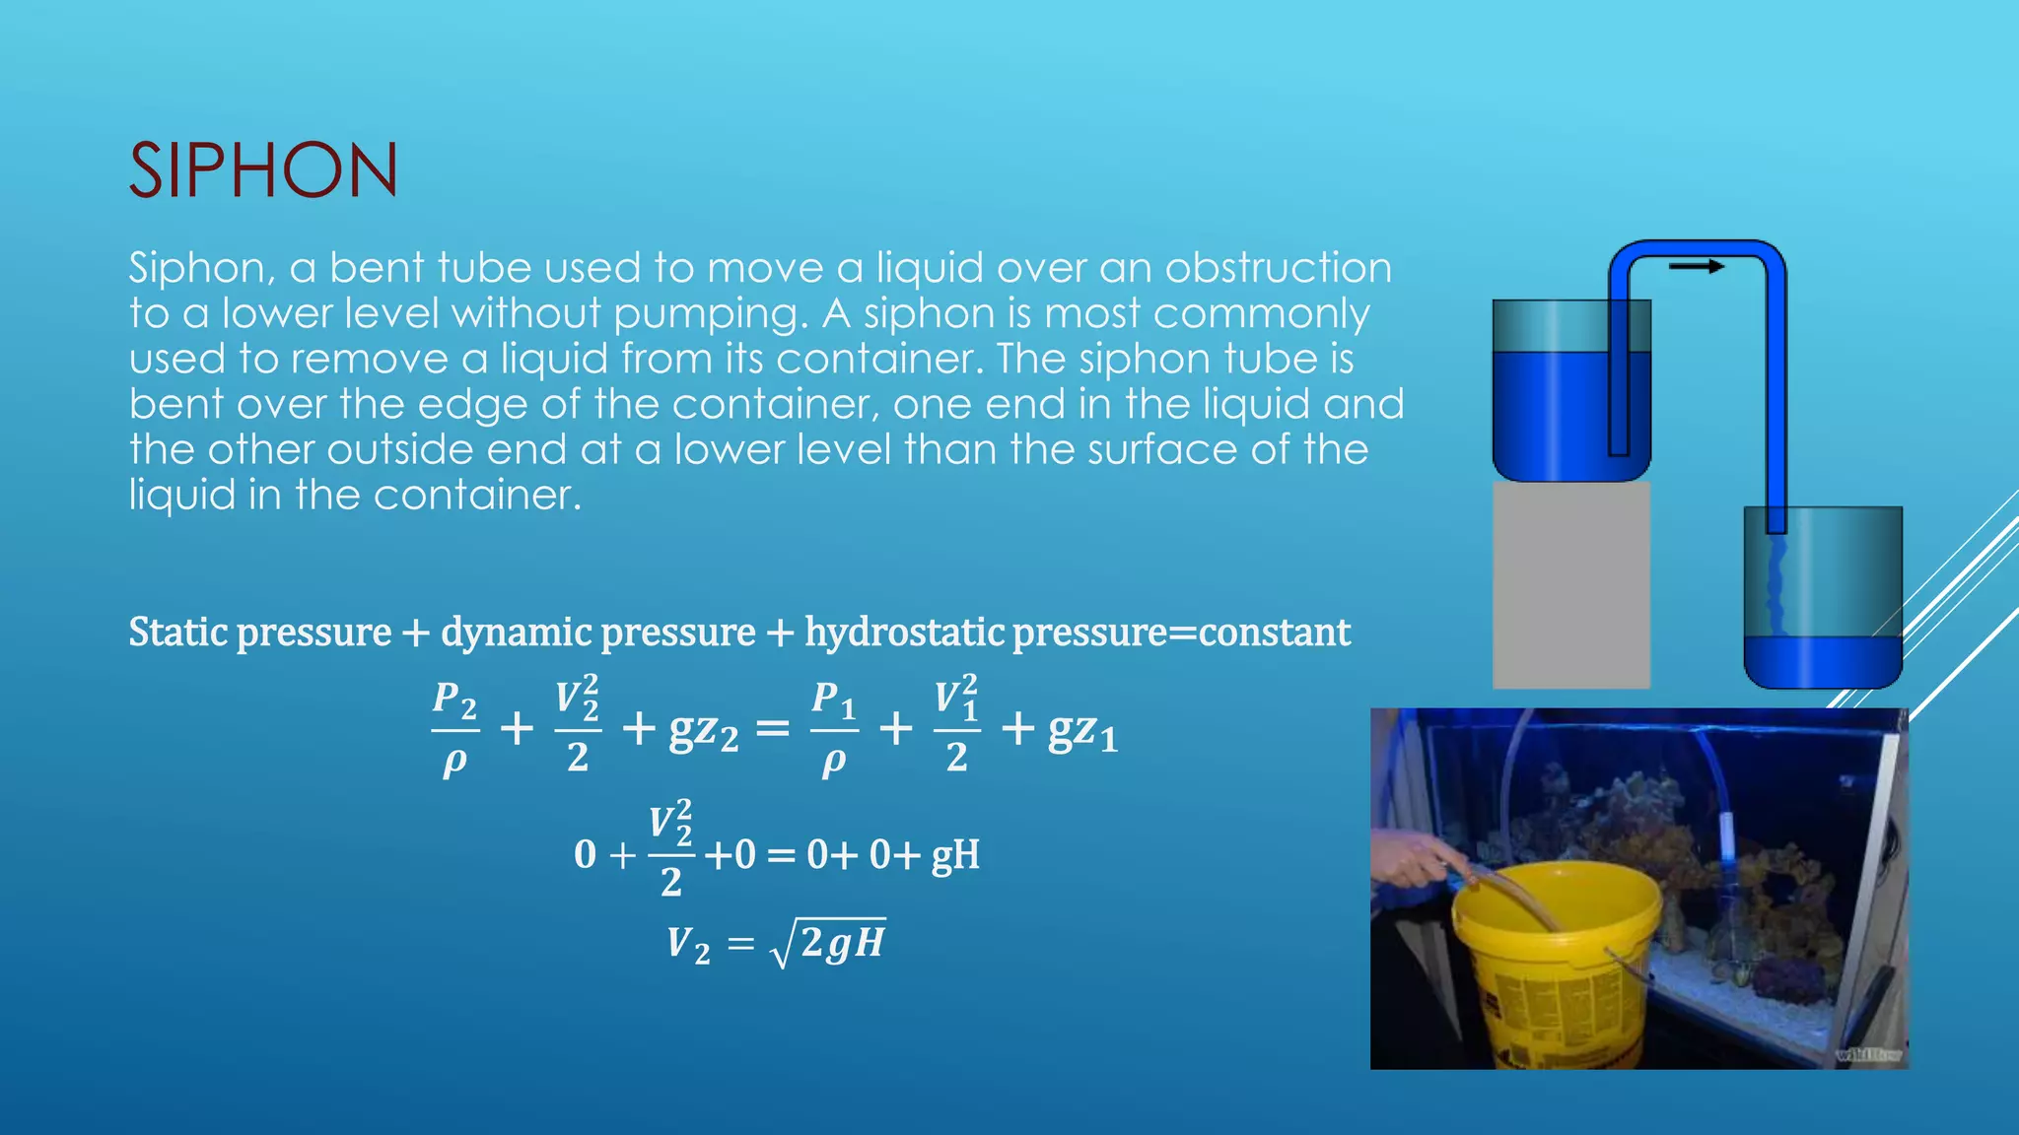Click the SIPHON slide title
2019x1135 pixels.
click(263, 170)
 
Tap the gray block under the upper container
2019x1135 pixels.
click(1570, 584)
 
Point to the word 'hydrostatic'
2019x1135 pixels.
click(904, 633)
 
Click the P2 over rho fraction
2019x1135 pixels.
click(454, 729)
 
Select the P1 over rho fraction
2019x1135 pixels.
click(833, 729)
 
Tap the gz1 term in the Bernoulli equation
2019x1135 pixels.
click(1081, 731)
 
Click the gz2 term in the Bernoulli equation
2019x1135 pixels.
click(703, 731)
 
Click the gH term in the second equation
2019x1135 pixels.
click(954, 855)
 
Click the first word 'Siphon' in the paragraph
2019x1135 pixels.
click(196, 268)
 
